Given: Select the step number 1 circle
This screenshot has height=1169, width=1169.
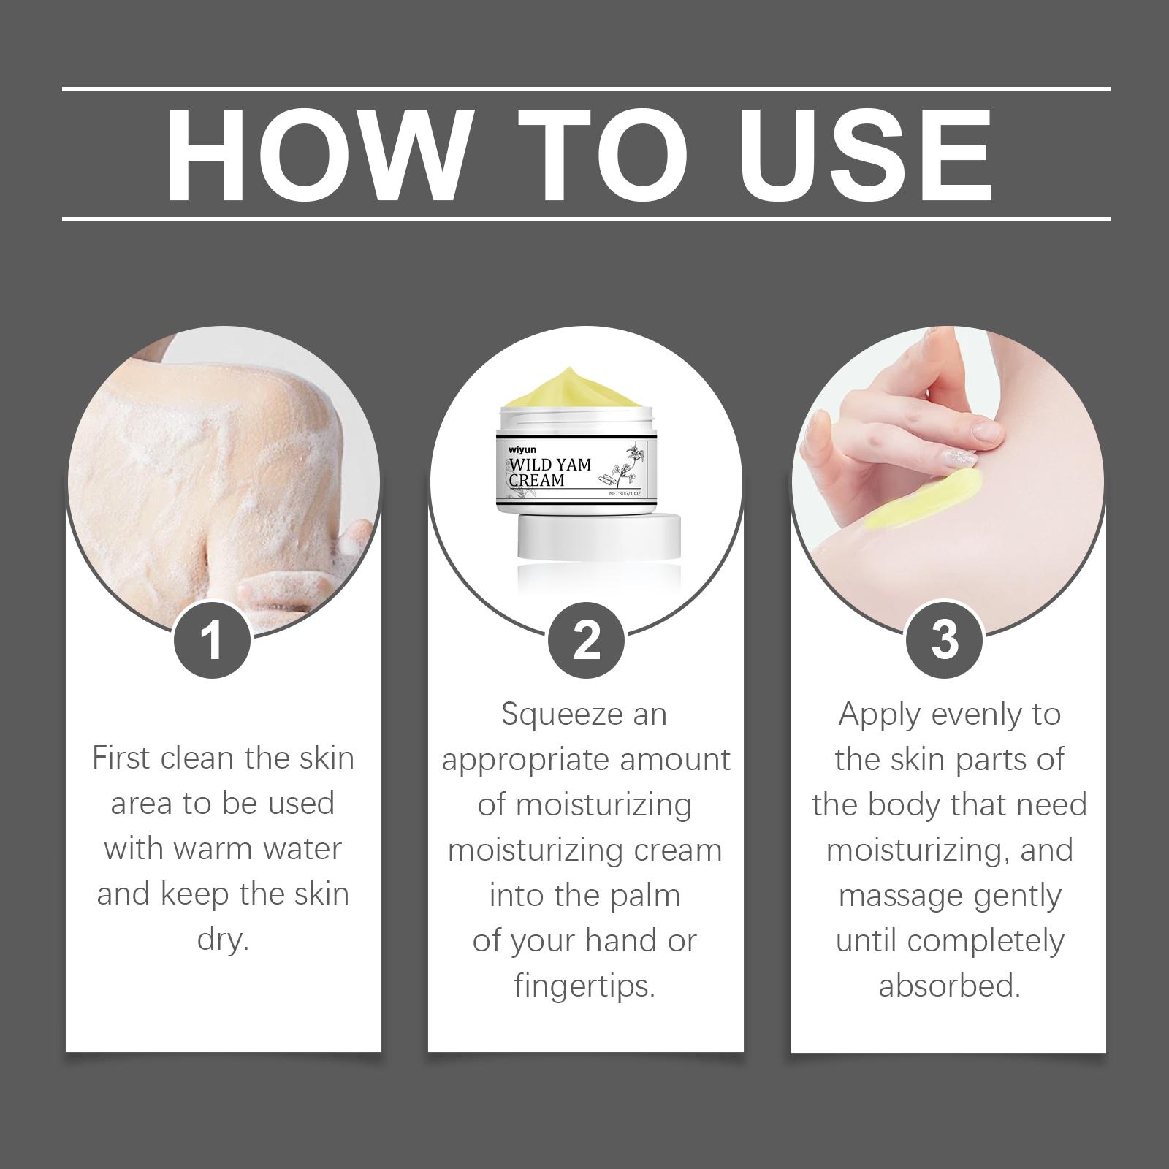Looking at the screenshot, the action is pos(213,640).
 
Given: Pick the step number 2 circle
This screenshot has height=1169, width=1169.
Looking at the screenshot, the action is pos(586,640).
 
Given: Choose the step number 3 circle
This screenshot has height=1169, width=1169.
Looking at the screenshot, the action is pos(945,640).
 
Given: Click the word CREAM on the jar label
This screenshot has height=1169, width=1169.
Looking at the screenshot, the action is pos(537,480).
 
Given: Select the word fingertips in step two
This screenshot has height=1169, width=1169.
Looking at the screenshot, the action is pos(584,987).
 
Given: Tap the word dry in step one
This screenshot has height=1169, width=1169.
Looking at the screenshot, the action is pos(224,940).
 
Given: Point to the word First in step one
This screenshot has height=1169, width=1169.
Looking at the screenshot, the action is pos(121,758).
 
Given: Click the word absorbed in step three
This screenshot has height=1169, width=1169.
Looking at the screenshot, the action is pos(949,986).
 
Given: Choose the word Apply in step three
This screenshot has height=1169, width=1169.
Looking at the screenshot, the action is pos(880,715).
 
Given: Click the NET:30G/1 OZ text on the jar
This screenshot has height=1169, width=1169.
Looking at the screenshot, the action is pos(625,494).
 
